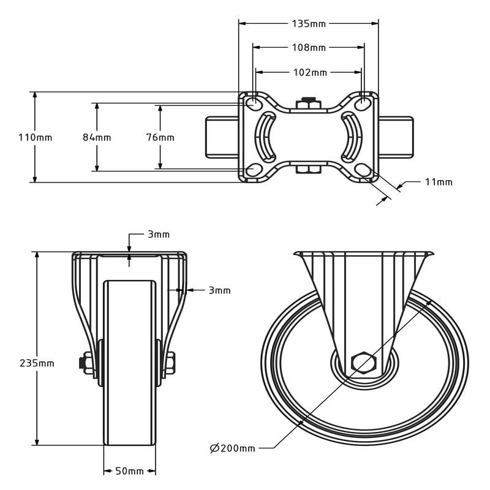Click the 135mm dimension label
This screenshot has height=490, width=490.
[309, 24]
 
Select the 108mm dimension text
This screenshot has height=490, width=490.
[309, 48]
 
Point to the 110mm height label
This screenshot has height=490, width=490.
[35, 137]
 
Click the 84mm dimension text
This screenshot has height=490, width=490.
[97, 137]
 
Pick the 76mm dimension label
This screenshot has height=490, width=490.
[160, 137]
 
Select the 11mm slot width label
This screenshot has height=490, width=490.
[439, 182]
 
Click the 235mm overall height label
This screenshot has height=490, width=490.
[37, 363]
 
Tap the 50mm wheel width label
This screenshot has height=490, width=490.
[129, 471]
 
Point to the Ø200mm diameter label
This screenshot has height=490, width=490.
[232, 448]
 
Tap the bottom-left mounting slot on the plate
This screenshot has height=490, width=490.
[253, 170]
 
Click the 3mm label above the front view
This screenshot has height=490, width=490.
[158, 235]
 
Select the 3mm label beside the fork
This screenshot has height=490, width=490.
[219, 290]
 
